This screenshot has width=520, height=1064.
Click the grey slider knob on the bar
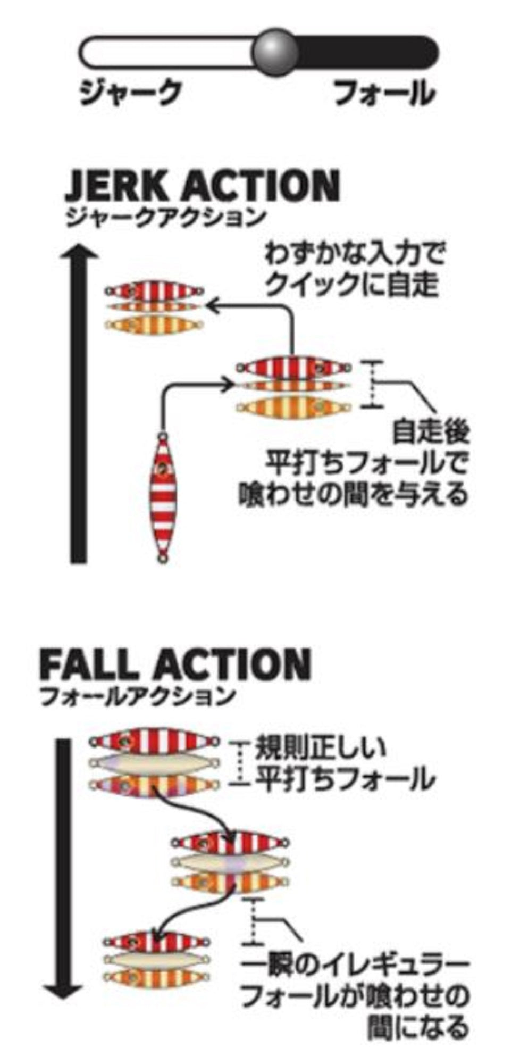274,51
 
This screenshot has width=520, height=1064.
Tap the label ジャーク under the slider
130,94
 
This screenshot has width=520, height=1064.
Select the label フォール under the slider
384,94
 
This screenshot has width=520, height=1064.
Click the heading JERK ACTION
202,186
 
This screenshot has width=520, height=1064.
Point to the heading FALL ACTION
175,664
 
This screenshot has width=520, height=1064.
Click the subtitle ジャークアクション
165,217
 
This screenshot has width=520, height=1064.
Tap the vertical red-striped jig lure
162,497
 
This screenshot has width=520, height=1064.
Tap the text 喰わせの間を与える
353,494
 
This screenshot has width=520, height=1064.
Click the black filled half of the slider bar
367,52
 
